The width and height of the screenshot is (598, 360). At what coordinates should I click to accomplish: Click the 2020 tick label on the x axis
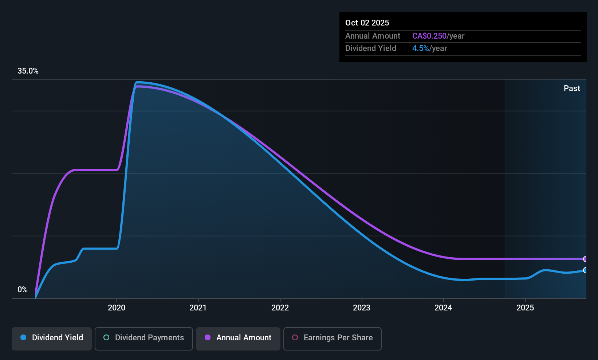[x=117, y=308]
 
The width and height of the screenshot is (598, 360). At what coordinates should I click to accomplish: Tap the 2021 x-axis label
[x=198, y=308]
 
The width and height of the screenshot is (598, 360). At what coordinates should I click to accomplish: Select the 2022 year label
[x=280, y=308]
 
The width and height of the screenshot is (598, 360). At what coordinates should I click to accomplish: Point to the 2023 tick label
[x=362, y=308]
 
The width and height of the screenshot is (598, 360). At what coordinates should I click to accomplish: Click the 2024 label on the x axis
[x=443, y=308]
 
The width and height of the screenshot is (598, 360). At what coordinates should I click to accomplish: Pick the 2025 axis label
[x=525, y=308]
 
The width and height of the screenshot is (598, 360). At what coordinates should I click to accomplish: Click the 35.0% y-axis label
[x=28, y=71]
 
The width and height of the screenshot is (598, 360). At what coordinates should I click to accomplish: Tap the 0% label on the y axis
[x=23, y=290]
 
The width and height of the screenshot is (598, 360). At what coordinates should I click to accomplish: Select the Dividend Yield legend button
[x=52, y=338]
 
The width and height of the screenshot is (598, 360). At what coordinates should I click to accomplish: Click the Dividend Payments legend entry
[x=144, y=338]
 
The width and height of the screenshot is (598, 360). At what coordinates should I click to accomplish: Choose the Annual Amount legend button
[x=238, y=338]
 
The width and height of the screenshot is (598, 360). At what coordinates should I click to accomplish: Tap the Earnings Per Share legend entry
[x=332, y=338]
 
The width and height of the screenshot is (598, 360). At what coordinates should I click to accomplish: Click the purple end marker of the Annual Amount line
[x=586, y=259]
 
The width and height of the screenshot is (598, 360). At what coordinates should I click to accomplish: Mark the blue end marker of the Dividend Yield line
[x=586, y=270]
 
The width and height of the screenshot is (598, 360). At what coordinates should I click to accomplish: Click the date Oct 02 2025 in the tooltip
[x=367, y=23]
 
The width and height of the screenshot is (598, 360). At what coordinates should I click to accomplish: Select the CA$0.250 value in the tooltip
[x=429, y=36]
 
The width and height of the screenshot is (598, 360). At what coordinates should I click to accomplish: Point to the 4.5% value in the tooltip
[x=421, y=48]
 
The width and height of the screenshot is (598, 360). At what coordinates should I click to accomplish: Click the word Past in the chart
[x=572, y=89]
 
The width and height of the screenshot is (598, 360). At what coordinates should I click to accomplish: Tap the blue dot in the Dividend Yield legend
[x=23, y=338]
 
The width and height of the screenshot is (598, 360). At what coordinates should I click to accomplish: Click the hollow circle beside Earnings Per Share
[x=295, y=338]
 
